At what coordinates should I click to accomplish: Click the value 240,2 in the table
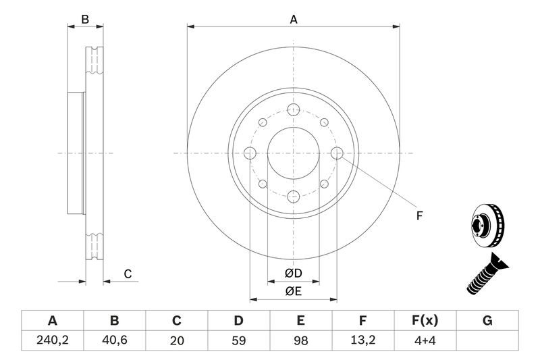pos(52,341)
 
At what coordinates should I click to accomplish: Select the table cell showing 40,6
pos(114,341)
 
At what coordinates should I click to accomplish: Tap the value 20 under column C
pos(177,341)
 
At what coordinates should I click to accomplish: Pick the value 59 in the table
pos(239,341)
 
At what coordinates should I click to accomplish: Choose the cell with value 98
pos(301,341)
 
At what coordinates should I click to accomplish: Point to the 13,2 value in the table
pos(363,341)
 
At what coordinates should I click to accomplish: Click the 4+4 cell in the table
pos(425,341)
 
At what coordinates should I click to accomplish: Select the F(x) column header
pos(425,320)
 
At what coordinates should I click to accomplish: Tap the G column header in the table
pos(487,320)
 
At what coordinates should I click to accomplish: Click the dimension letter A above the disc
pos(294,20)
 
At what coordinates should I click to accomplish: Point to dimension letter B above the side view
pos(85,20)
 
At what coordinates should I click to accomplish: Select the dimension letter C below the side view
pos(127,274)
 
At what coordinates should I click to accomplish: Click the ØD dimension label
pos(292,274)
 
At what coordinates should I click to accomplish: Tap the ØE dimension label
pos(292,291)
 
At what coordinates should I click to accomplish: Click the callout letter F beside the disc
pos(418,215)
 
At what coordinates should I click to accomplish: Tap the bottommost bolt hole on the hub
pos(293,196)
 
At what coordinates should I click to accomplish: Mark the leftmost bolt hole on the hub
pos(250,153)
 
